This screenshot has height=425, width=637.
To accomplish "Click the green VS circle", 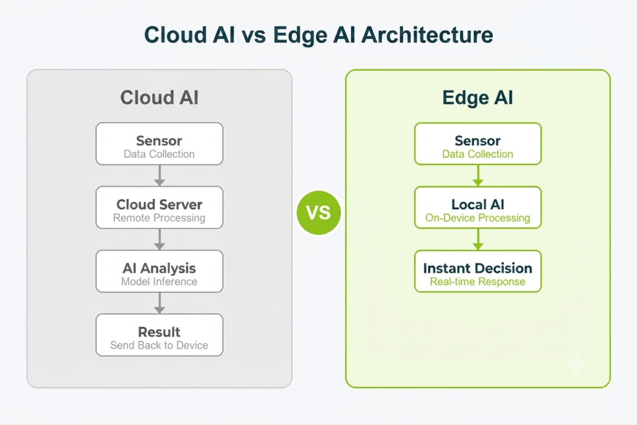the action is (318, 213).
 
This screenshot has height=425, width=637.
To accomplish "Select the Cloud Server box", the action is (160, 207).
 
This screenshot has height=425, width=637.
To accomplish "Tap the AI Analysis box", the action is (160, 271).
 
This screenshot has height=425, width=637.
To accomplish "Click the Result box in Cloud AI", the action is (160, 335).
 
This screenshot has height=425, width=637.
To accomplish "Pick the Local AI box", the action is (477, 207).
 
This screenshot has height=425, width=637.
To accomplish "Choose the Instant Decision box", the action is (477, 271).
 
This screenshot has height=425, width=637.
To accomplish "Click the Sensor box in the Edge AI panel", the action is (477, 144).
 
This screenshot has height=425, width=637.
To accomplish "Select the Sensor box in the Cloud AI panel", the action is (160, 144).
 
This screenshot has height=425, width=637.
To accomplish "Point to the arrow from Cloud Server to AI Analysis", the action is (160, 239).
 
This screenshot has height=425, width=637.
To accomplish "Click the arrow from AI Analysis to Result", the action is (160, 303).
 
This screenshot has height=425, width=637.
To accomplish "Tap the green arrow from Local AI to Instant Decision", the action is (477, 239).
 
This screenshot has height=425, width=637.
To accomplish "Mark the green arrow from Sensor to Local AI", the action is (477, 176).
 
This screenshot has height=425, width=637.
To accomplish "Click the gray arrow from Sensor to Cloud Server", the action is (160, 176).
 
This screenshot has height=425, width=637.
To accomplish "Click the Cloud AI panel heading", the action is (160, 98).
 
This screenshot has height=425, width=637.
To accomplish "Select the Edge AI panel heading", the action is (477, 98).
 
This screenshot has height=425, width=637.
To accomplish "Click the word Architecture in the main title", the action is (427, 35).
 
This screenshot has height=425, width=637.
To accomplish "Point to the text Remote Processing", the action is (160, 218).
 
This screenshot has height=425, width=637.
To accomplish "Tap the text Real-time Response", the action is (477, 281).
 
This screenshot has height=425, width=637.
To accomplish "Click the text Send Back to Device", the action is (160, 345).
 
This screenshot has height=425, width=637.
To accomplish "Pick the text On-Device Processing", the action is (477, 218).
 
